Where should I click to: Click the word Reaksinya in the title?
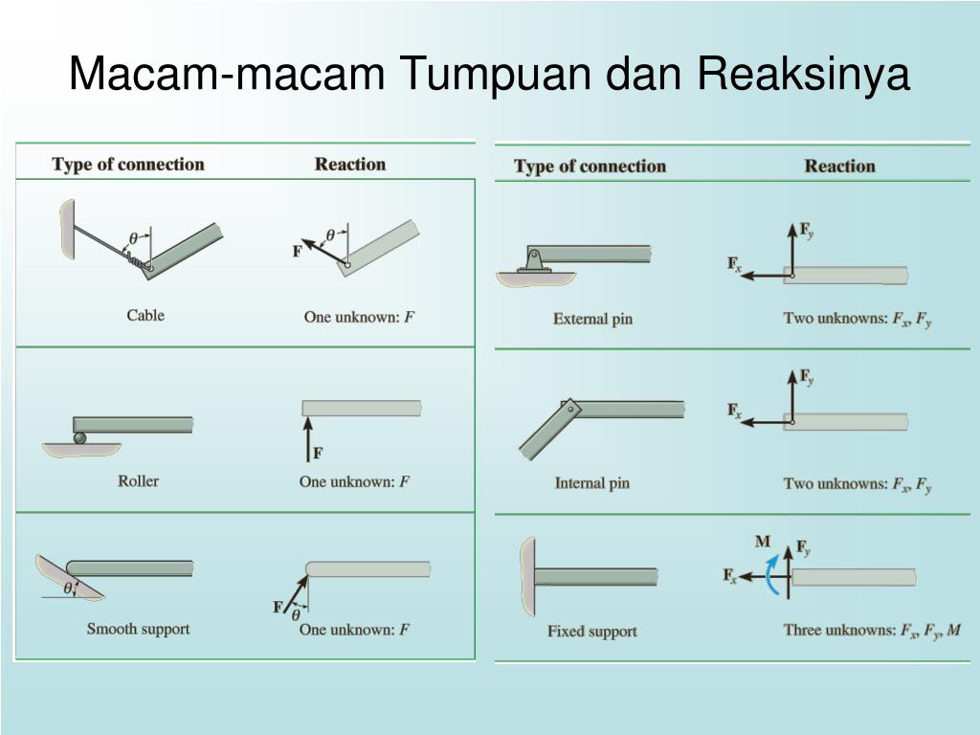click(804, 74)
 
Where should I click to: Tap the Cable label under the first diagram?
click(145, 315)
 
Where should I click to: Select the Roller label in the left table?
click(138, 480)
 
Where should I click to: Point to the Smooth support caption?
click(138, 629)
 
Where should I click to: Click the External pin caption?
click(592, 319)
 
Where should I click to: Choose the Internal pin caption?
click(591, 483)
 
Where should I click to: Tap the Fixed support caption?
click(591, 631)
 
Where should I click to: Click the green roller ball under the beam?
click(79, 437)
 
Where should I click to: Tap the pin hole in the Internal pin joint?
click(571, 408)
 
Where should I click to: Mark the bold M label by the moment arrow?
click(763, 542)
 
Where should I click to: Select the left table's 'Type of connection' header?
click(128, 164)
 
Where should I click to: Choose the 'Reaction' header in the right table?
click(839, 166)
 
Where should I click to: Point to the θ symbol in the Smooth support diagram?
click(68, 589)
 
